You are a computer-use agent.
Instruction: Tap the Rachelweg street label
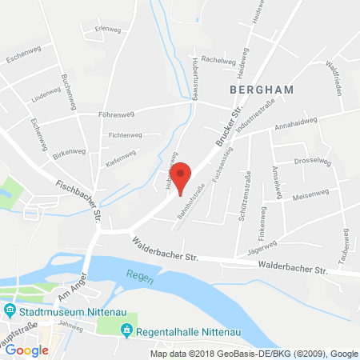click(218, 59)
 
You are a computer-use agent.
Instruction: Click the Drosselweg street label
click(313, 160)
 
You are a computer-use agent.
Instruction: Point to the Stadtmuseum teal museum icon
click(10, 310)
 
